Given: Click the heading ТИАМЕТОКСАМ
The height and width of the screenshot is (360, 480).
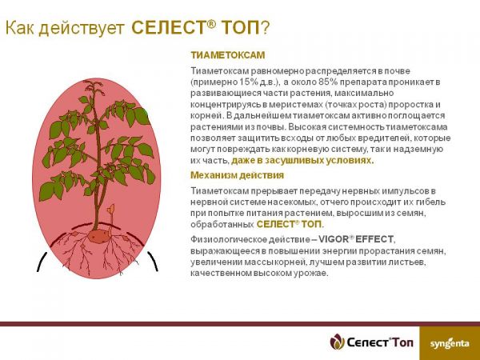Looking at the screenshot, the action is [x=228, y=55].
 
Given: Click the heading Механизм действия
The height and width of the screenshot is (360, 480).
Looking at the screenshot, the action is [x=238, y=175].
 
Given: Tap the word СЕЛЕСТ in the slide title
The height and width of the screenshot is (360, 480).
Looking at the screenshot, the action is [x=168, y=28].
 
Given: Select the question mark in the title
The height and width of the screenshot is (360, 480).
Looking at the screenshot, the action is [x=265, y=28].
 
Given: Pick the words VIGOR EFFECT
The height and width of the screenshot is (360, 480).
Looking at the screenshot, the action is [x=356, y=239].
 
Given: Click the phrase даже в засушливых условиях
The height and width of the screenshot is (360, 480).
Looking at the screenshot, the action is [x=302, y=161].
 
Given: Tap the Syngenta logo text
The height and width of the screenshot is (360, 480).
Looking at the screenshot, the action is [x=450, y=343].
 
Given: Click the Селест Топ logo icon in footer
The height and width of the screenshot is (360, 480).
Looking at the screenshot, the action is [x=338, y=342].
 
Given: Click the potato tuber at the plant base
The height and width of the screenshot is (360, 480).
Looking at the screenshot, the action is [x=99, y=236].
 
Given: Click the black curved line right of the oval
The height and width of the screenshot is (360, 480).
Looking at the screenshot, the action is [x=153, y=261].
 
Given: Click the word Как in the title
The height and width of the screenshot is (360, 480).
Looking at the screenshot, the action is [x=19, y=28].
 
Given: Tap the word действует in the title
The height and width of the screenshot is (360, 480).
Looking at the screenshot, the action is [x=82, y=29].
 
